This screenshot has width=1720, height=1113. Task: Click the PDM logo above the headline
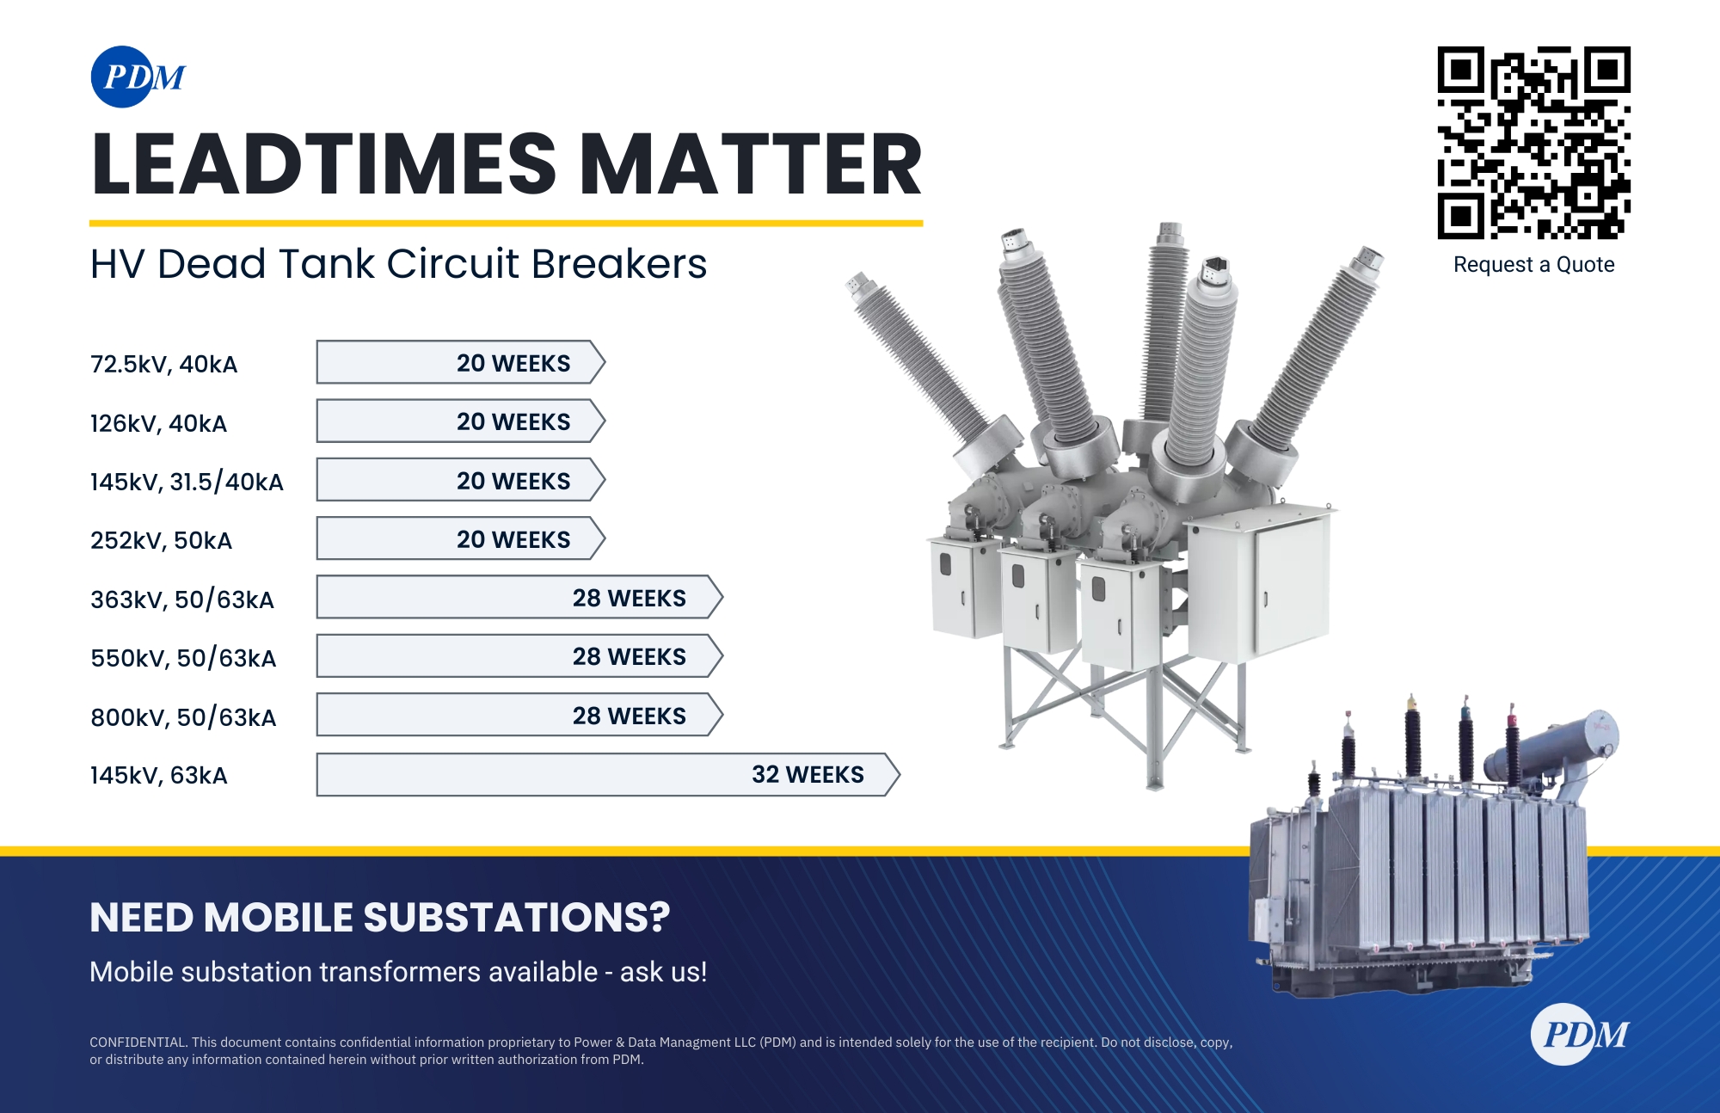pos(138,77)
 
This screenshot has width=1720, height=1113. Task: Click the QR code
pos(1533,143)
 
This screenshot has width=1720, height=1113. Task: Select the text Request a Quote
pos(1533,265)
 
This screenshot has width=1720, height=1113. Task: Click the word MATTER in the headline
pos(751,165)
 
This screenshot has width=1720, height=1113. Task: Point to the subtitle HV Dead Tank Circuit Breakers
pos(398,264)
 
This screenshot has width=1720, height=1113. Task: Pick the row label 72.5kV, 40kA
pos(163,364)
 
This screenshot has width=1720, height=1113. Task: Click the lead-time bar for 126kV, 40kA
pos(460,421)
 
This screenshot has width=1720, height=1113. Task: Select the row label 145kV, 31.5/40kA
pos(187,482)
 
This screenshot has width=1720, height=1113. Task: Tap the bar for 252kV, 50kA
pos(460,539)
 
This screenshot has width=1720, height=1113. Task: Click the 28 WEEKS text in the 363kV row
pos(629,599)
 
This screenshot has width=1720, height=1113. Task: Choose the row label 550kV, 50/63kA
pos(183,658)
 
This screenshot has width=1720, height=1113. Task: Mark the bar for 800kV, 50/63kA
pos(519,716)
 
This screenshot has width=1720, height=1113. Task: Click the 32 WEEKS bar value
pos(808,775)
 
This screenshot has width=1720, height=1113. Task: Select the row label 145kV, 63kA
pos(158,776)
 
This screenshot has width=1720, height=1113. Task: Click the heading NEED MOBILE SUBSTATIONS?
pos(379,918)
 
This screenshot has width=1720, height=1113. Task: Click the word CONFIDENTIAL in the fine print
pos(138,1042)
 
